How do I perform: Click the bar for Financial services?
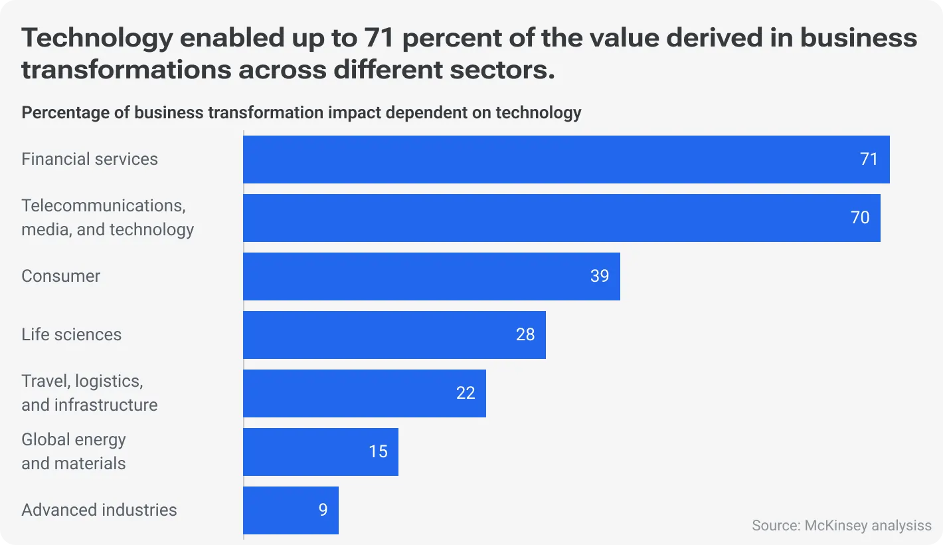(x=566, y=160)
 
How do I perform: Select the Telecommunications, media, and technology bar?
(x=561, y=218)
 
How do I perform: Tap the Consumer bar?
(x=431, y=276)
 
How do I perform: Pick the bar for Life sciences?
(x=394, y=335)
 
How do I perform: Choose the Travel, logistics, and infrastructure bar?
(x=364, y=393)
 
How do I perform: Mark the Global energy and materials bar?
(x=320, y=452)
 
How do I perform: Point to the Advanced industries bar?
(x=290, y=510)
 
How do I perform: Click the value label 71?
(x=869, y=160)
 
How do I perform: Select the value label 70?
(x=860, y=218)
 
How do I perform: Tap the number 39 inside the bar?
(x=600, y=276)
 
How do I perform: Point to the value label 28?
(x=525, y=335)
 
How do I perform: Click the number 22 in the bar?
(x=466, y=393)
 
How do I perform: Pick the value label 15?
(x=378, y=452)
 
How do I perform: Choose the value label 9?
(x=323, y=510)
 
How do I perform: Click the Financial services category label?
(x=90, y=160)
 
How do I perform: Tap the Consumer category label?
(x=60, y=276)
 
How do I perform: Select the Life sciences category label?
(x=71, y=335)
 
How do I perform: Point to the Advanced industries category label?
(x=99, y=510)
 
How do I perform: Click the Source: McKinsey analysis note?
(x=841, y=526)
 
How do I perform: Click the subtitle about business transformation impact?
(x=301, y=113)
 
